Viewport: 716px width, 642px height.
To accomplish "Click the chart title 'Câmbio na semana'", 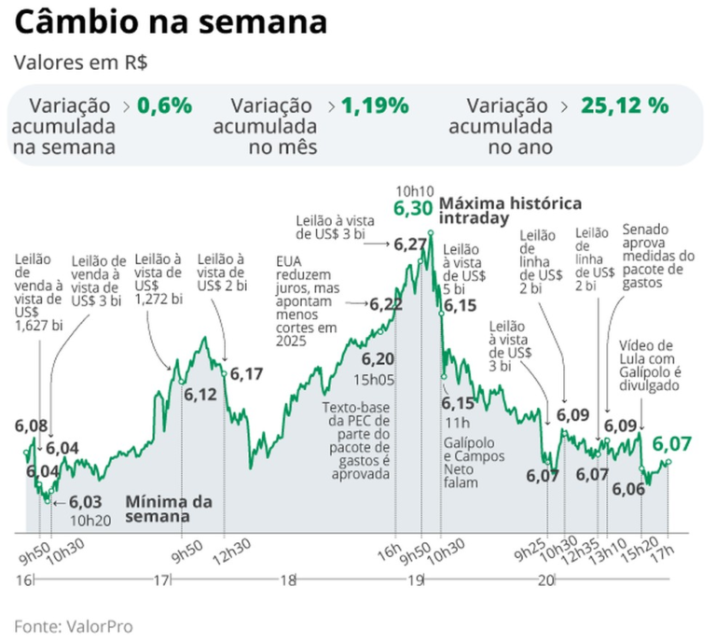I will [x=171, y=21].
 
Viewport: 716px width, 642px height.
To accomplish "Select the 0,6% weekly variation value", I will [x=164, y=105].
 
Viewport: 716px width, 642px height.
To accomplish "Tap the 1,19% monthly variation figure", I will [x=375, y=105].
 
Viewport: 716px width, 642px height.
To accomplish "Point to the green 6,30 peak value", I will [x=413, y=209].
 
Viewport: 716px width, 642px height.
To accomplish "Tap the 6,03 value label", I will [x=86, y=502].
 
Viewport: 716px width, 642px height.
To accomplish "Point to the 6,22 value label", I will [x=386, y=304].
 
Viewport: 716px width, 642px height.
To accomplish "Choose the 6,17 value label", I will [x=247, y=373].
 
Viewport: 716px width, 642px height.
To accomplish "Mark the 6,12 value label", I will [x=200, y=395].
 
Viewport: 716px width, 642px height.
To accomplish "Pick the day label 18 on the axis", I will [x=288, y=580].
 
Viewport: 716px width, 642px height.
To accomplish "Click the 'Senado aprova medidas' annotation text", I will [x=657, y=256].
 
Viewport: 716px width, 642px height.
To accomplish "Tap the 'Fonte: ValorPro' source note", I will [x=73, y=625].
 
